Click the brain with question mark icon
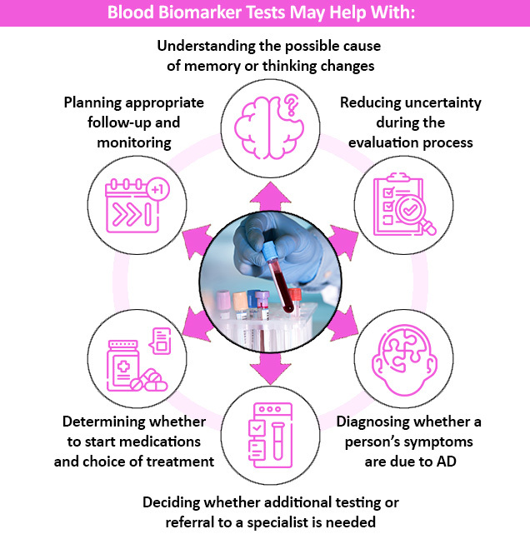coord(264,123)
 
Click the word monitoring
coord(132,142)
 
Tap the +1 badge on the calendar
coord(156,190)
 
